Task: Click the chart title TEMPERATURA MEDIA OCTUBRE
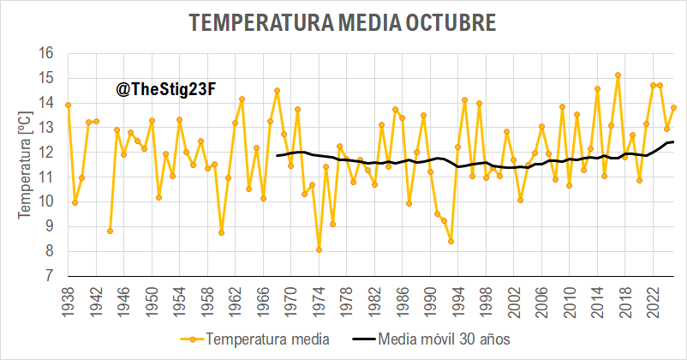tap(343, 23)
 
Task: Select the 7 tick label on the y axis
tap(50, 277)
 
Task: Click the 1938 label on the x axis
tap(69, 302)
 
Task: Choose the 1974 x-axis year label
tap(319, 302)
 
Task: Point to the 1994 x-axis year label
tap(457, 302)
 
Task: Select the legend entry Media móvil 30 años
tap(444, 339)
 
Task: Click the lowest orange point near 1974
tap(319, 250)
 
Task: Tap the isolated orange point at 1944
tap(110, 231)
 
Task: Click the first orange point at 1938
tap(68, 105)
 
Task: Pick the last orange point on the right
tap(673, 107)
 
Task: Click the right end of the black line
tap(673, 141)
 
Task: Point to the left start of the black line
tap(277, 155)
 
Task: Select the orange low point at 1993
tap(451, 241)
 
